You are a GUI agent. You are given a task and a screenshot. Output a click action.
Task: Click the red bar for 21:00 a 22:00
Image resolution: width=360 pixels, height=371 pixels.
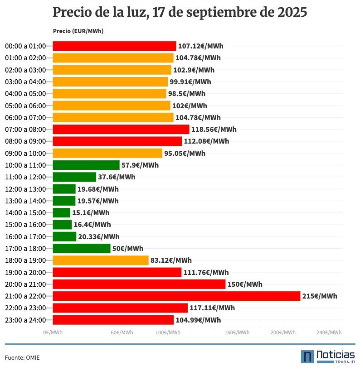pos(176,296)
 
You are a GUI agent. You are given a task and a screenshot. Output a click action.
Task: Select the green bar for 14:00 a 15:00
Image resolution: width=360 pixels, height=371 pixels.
pos(62,212)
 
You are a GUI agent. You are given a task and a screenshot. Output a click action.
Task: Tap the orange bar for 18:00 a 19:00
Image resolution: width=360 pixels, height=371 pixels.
pos(101,260)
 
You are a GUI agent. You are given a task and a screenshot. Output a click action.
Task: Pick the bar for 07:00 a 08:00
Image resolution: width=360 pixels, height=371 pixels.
pos(121,129)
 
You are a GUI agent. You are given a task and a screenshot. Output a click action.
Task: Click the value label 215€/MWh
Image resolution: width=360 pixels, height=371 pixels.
pos(320,296)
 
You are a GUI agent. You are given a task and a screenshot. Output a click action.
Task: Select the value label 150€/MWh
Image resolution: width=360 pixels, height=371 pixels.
pos(245,284)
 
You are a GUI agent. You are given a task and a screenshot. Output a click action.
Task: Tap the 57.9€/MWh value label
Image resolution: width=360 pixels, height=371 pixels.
pos(140,165)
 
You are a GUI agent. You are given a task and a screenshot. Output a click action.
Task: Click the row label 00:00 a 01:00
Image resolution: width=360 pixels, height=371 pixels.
pos(25,46)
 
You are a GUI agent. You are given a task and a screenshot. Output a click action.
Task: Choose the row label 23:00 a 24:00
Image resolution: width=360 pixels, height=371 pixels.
pos(25,320)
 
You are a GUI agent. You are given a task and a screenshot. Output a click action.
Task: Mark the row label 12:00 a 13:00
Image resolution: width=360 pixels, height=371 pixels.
pos(25,189)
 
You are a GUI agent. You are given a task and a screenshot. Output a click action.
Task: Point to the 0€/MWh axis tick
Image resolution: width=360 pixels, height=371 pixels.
pos(53,332)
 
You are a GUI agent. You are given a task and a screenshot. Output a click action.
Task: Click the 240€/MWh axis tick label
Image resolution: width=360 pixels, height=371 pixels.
pos(329,332)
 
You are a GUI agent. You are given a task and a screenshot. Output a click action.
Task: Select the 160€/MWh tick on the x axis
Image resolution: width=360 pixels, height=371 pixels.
pos(237,332)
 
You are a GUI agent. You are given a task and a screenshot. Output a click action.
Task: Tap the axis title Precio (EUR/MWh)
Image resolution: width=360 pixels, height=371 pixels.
pos(78,31)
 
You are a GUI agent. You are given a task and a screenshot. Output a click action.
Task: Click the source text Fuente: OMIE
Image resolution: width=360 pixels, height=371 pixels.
pos(22,357)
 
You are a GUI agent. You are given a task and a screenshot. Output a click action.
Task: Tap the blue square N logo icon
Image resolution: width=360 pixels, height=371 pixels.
pos(307,357)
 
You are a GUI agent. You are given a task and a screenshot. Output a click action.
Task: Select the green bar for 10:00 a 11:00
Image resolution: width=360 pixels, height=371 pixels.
pos(86,165)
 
